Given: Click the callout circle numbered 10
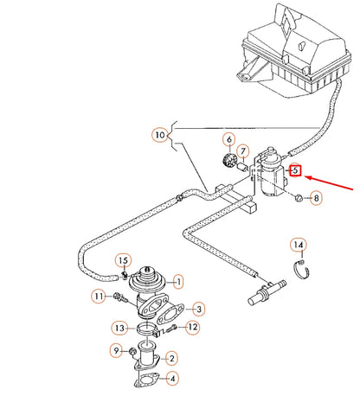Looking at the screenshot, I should coord(158,135).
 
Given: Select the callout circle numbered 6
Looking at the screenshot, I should coord(229,139).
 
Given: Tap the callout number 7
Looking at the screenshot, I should coord(243,152).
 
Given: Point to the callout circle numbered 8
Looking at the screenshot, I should coord(316,198).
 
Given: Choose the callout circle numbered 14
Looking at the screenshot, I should coord(298,245).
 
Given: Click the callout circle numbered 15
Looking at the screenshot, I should coord(123,260).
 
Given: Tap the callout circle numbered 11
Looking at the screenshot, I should coord(98,297).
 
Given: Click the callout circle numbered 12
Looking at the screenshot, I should coord(193,327).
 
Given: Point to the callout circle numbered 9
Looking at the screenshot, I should coord(114,350).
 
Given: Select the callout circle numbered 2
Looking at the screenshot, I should coord(172,357).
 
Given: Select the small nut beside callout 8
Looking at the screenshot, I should coord(296,199).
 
